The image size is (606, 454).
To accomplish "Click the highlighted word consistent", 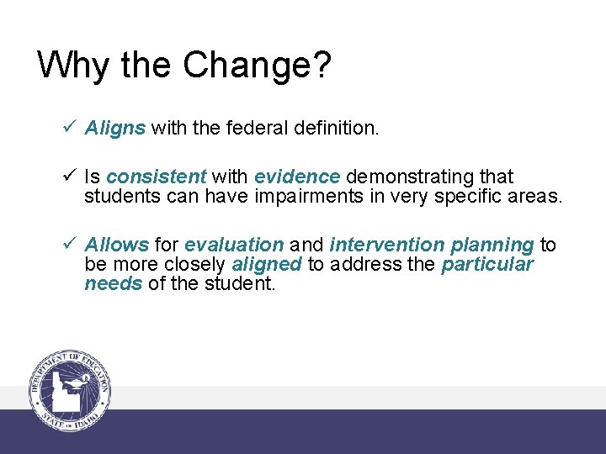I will tap(157, 177).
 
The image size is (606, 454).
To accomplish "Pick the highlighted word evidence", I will tap(297, 177).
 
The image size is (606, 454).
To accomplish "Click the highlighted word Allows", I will tap(117, 245).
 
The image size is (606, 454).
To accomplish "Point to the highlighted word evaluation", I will tap(234, 245).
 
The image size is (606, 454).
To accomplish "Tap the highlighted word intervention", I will tap(386, 245).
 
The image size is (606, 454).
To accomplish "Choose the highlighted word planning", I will tap(492, 245).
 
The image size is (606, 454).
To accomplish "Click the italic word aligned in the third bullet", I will tap(267, 264).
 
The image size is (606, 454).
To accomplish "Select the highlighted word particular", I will tap(487, 264).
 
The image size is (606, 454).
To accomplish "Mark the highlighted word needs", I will tap(114, 283).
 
